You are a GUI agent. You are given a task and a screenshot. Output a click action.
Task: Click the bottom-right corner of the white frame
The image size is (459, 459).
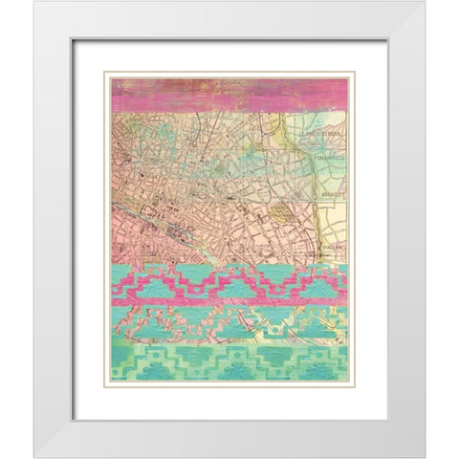[424, 456]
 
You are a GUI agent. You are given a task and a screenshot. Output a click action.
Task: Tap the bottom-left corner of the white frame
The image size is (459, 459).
[35, 456]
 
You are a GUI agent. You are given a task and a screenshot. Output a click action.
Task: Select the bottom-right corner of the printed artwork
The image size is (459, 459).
[347, 382]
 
